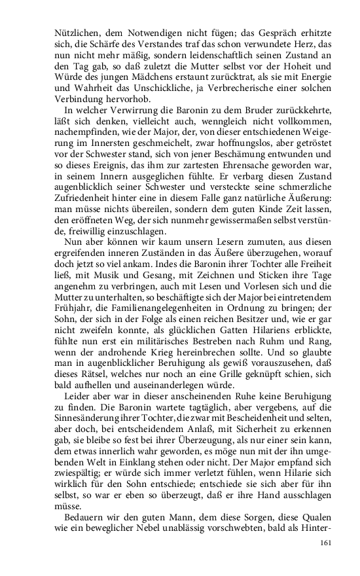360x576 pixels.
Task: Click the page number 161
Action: [x=325, y=543]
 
